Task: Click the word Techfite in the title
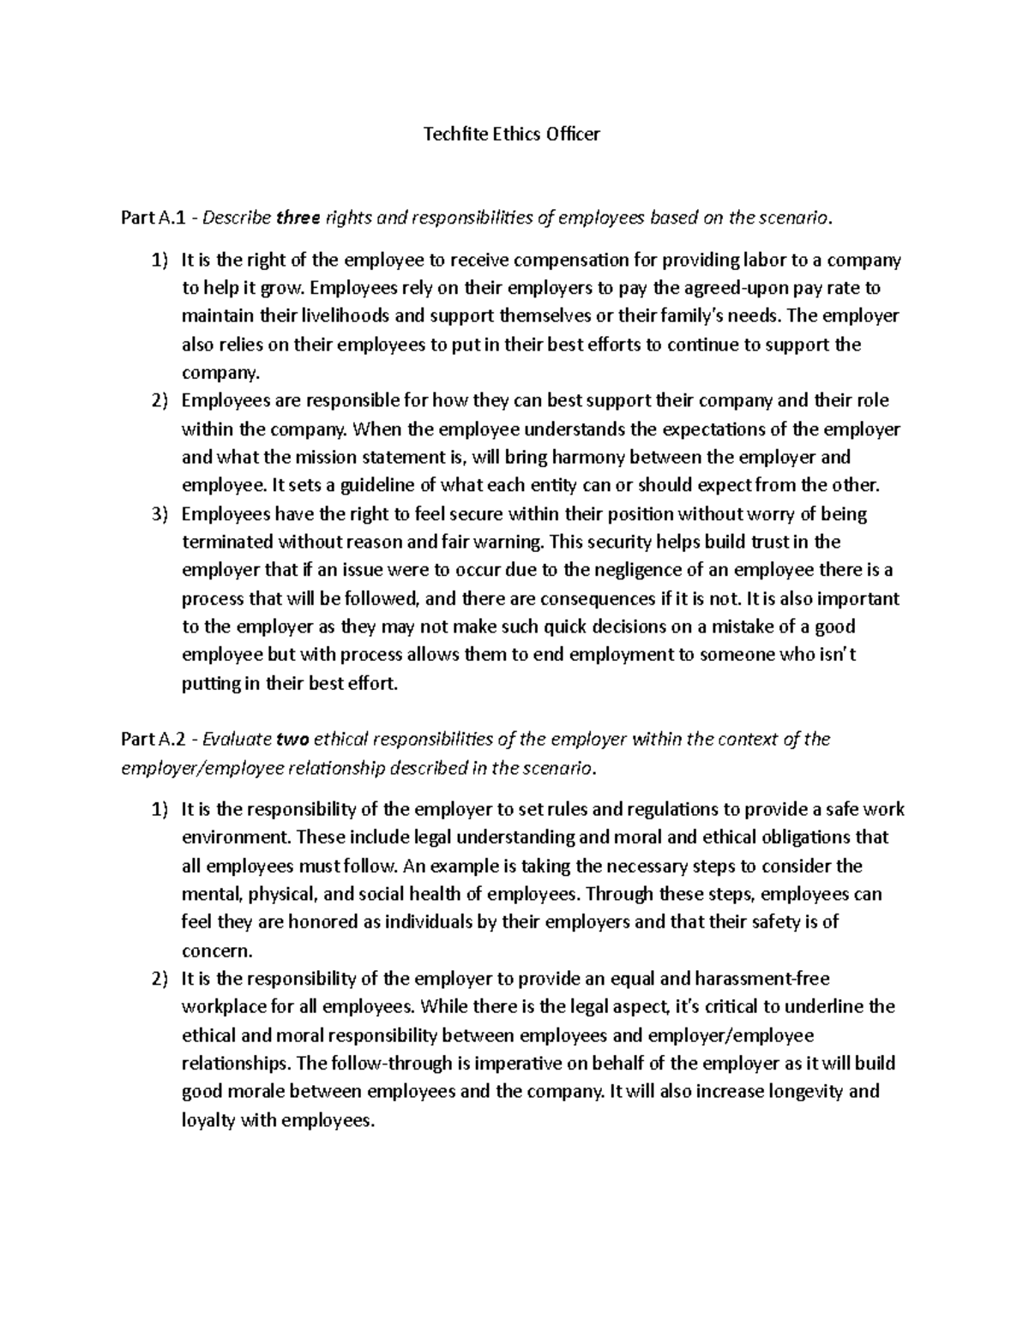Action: click(x=454, y=135)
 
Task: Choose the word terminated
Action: click(x=226, y=542)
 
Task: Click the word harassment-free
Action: click(x=763, y=979)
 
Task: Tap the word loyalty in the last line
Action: click(x=208, y=1120)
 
